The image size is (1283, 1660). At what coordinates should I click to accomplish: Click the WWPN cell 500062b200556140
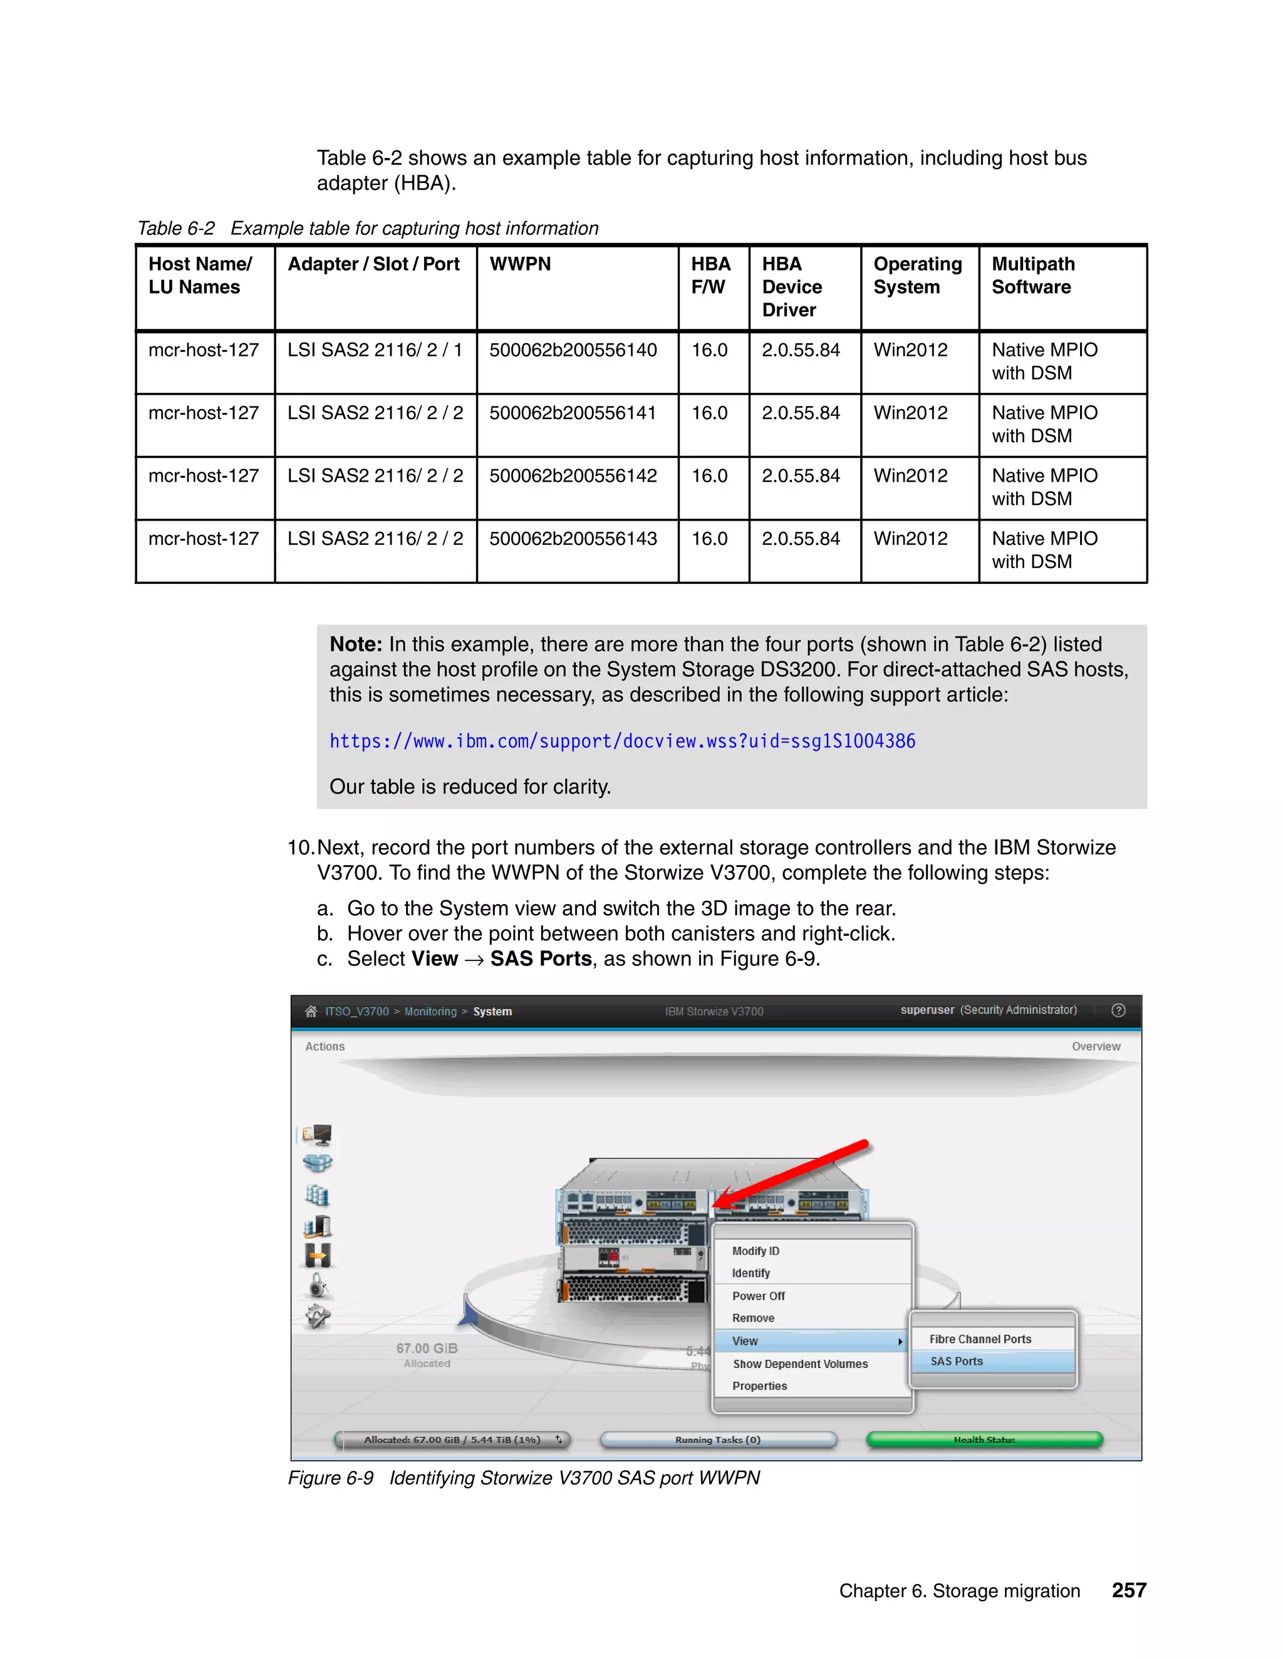pyautogui.click(x=573, y=350)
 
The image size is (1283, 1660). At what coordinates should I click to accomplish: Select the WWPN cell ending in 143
pyautogui.click(x=573, y=539)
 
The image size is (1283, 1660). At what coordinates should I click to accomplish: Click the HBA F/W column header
pyautogui.click(x=710, y=275)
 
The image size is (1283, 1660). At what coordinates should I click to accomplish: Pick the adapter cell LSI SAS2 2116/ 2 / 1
pyautogui.click(x=375, y=350)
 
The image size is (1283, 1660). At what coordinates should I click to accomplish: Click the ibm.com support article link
pyautogui.click(x=621, y=741)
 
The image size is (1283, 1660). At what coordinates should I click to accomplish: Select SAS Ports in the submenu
pyautogui.click(x=956, y=1361)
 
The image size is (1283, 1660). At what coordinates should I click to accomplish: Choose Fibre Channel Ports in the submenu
pyautogui.click(x=980, y=1339)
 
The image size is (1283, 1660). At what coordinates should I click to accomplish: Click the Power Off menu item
pyautogui.click(x=758, y=1296)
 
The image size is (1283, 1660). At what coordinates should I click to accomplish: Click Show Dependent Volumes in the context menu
pyautogui.click(x=799, y=1364)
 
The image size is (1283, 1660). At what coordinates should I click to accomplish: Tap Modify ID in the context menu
pyautogui.click(x=756, y=1251)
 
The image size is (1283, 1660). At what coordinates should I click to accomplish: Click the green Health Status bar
pyautogui.click(x=984, y=1440)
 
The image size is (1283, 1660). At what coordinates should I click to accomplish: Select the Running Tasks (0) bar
pyautogui.click(x=717, y=1440)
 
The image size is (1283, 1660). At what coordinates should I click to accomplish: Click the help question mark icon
pyautogui.click(x=1118, y=1010)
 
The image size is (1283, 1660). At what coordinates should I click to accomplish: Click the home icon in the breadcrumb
pyautogui.click(x=311, y=1011)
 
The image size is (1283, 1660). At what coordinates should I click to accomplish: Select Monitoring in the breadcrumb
pyautogui.click(x=430, y=1012)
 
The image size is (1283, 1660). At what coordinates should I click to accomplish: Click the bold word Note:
pyautogui.click(x=355, y=645)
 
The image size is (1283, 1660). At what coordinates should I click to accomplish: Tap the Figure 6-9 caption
pyautogui.click(x=524, y=1478)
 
